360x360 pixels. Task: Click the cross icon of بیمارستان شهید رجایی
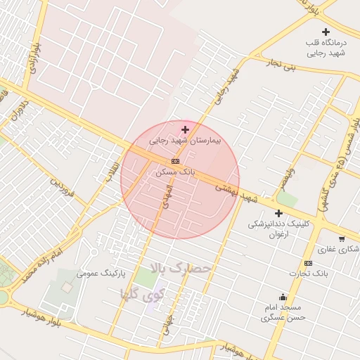185,129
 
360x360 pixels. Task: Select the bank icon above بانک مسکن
175,161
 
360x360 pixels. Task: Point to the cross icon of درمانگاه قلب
326,32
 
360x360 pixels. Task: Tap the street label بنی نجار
281,65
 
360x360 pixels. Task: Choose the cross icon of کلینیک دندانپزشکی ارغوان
278,213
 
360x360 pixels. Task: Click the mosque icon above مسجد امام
283,297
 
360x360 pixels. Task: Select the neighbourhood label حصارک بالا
175,268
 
